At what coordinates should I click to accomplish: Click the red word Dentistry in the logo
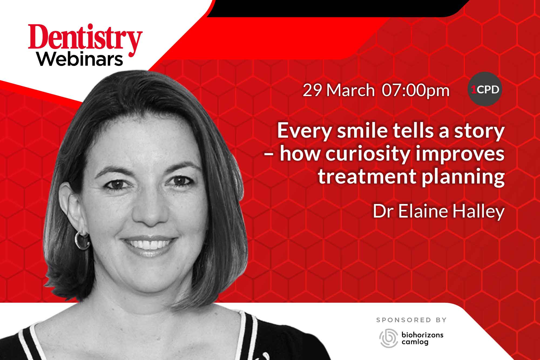[x=85, y=40]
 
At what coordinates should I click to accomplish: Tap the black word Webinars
[x=80, y=60]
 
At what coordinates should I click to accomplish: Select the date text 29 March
[x=339, y=90]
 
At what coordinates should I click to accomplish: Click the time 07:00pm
[x=416, y=91]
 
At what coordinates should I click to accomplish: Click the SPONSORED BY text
[x=411, y=320]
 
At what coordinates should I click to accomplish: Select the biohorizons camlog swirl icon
[x=389, y=338]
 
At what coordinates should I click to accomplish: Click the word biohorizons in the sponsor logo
[x=423, y=335]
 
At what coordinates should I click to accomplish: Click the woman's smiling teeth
[x=150, y=243]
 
